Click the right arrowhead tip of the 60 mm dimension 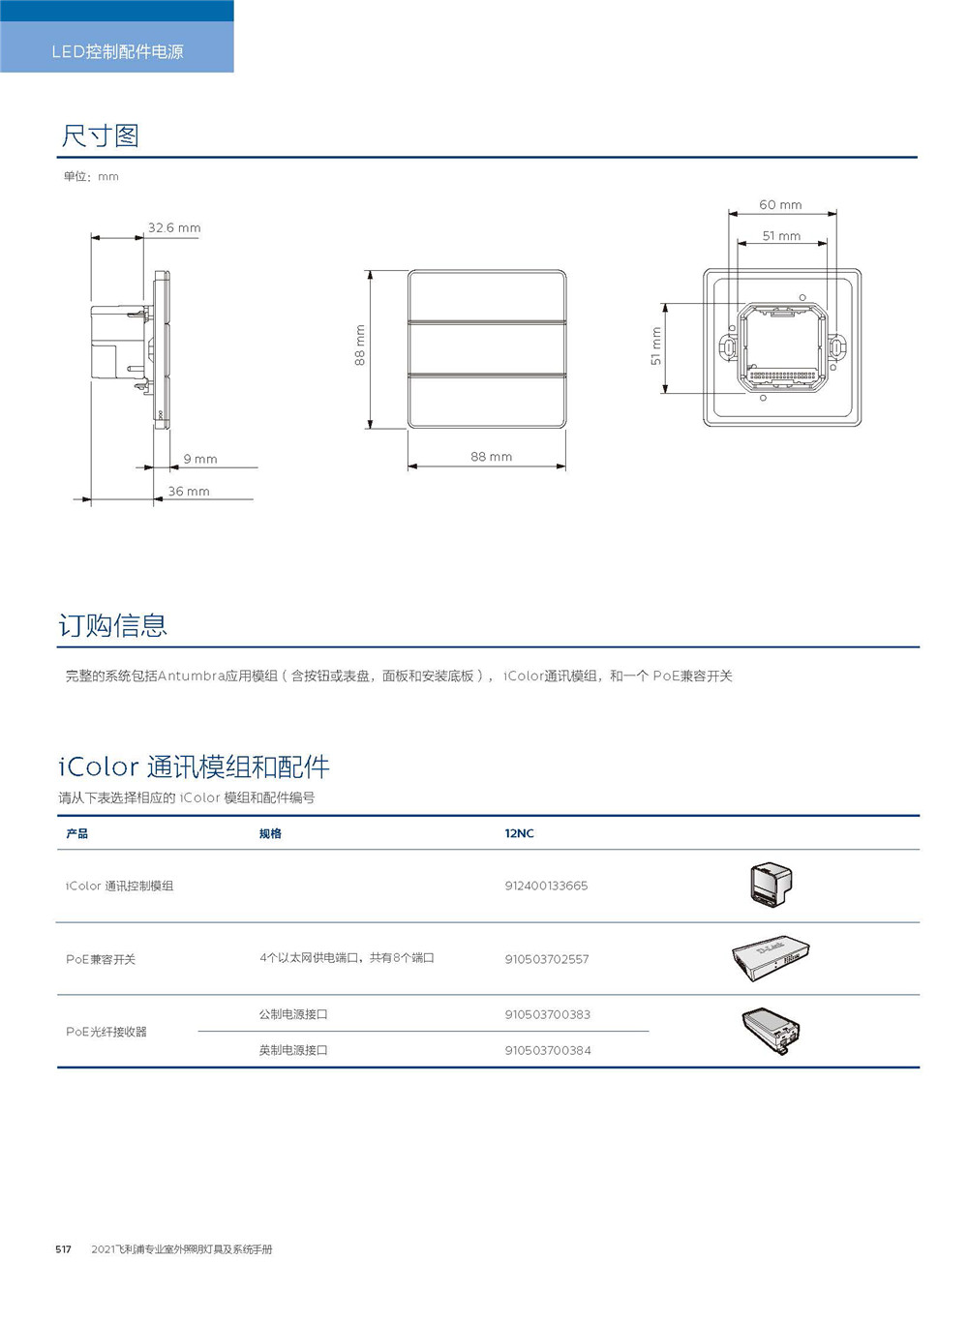(837, 214)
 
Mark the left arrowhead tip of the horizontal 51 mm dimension (738, 243)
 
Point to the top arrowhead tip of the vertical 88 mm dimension (370, 271)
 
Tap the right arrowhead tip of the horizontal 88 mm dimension (565, 466)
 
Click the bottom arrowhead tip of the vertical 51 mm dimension (665, 393)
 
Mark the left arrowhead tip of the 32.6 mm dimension (92, 238)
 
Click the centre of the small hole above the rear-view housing (802, 297)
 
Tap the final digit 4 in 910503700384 (588, 1050)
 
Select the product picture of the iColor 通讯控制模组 (771, 885)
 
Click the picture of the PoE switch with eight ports (771, 959)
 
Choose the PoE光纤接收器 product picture (771, 1031)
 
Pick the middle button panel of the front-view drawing (487, 348)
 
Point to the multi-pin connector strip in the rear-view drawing (783, 376)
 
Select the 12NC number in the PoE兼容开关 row (547, 959)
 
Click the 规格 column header (270, 833)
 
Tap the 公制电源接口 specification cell (293, 1014)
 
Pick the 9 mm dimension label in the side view (200, 459)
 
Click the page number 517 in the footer (63, 1249)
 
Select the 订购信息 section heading (112, 625)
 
